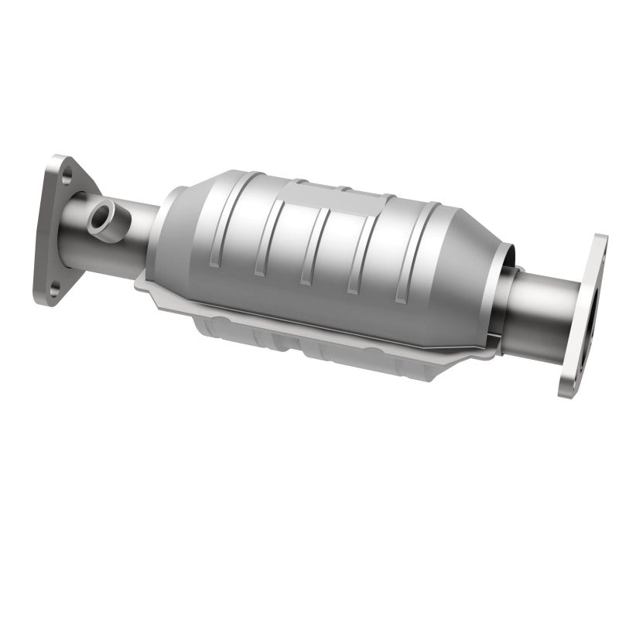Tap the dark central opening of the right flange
(592, 309)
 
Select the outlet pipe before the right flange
(542, 306)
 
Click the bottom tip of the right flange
(569, 391)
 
